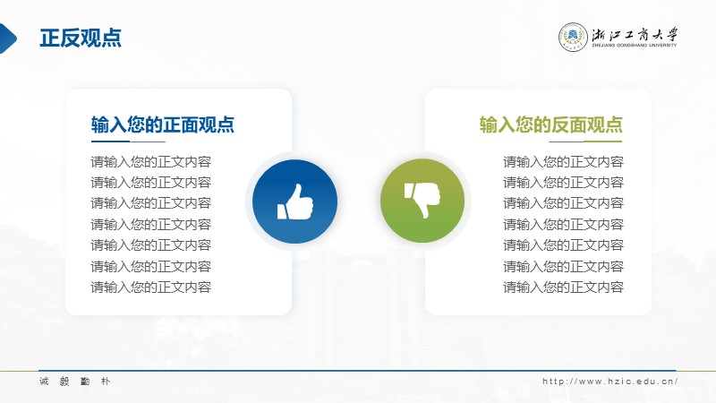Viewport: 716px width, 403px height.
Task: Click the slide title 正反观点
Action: click(x=81, y=38)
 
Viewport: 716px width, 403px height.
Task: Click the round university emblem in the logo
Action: click(x=573, y=37)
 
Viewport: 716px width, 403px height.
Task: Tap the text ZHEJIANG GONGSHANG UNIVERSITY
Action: click(x=635, y=46)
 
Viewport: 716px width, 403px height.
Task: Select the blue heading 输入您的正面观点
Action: click(x=163, y=124)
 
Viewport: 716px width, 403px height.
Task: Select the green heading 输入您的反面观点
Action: click(x=551, y=124)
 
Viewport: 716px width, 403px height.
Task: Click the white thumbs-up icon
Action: click(x=295, y=201)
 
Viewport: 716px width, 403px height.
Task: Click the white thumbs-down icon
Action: click(x=422, y=200)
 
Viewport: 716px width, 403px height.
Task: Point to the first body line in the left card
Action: click(x=150, y=162)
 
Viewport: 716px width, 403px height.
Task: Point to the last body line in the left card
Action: click(x=150, y=287)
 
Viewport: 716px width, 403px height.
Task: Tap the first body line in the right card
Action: click(x=564, y=162)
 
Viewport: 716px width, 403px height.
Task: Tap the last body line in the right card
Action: click(x=564, y=287)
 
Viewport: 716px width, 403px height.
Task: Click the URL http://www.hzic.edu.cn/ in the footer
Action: click(x=610, y=382)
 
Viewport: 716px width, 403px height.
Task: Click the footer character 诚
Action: click(x=44, y=382)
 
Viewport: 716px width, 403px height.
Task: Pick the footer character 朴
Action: click(x=106, y=382)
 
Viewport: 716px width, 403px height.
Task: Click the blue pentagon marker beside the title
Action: click(x=8, y=39)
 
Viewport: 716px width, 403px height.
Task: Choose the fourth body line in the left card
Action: click(x=150, y=225)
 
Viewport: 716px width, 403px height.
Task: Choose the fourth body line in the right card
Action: click(x=564, y=225)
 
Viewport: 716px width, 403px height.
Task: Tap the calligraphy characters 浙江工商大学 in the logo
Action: click(x=635, y=34)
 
